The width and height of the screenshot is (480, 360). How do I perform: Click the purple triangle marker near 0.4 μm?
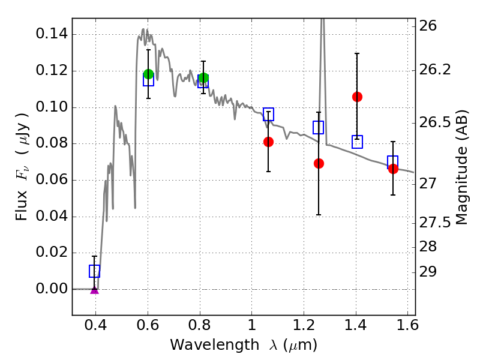pos(94,289)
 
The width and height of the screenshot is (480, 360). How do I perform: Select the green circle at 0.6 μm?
pos(149,74)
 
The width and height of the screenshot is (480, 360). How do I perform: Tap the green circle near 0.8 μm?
pos(203,77)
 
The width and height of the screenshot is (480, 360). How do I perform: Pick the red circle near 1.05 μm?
pos(268,142)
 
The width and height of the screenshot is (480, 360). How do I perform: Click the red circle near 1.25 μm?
pos(319,163)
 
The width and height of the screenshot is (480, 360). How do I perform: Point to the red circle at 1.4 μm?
pos(357,97)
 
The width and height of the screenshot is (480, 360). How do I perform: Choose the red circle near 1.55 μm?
pos(393,169)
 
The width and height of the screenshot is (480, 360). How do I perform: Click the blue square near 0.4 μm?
pos(94,271)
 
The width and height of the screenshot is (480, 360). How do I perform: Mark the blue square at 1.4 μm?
pos(357,142)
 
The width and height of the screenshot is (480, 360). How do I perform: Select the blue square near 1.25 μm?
pos(318,127)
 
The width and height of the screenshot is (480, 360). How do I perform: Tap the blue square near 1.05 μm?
pos(268,114)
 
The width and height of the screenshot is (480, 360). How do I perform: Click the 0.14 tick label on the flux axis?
pos(51,34)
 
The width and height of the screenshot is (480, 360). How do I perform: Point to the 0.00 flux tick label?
pos(51,289)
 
